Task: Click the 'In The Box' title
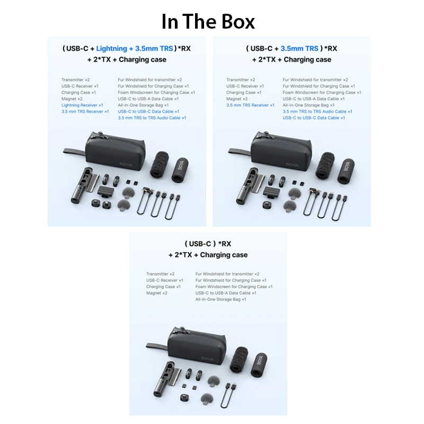(x=208, y=21)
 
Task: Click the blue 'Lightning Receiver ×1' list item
(x=82, y=105)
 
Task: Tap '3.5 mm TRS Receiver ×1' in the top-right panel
(x=250, y=105)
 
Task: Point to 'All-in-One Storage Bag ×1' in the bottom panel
(x=220, y=299)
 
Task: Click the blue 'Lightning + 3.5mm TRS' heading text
(x=135, y=48)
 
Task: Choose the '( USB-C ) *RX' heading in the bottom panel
(x=208, y=244)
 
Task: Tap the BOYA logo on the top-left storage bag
(x=126, y=164)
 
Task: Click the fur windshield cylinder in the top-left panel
(x=160, y=165)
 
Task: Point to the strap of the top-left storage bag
(x=74, y=151)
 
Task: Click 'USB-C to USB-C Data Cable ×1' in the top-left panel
(x=148, y=111)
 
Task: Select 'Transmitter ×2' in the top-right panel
(x=241, y=80)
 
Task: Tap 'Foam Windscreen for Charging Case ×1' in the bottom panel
(x=234, y=287)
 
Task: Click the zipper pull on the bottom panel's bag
(x=177, y=330)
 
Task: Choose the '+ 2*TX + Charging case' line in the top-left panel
(x=127, y=59)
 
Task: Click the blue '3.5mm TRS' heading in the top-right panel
(x=299, y=48)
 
